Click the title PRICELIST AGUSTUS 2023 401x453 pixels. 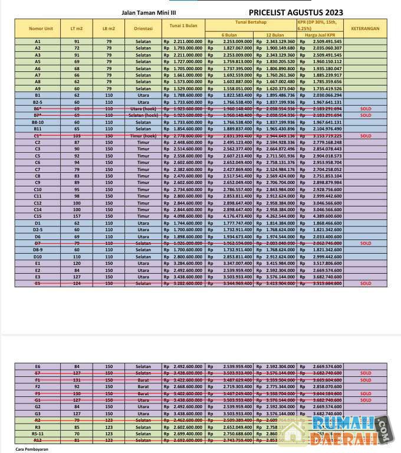point(295,12)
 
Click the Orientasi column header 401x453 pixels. point(143,28)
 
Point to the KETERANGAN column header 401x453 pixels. point(365,28)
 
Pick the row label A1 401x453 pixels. point(38,42)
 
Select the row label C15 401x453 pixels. point(38,216)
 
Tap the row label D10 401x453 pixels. point(38,257)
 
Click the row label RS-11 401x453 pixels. point(38,434)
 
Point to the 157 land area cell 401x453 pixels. point(77,216)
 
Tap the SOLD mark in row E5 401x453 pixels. point(366,284)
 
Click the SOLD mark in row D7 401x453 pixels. point(366,243)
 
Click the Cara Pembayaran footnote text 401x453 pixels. point(32,449)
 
